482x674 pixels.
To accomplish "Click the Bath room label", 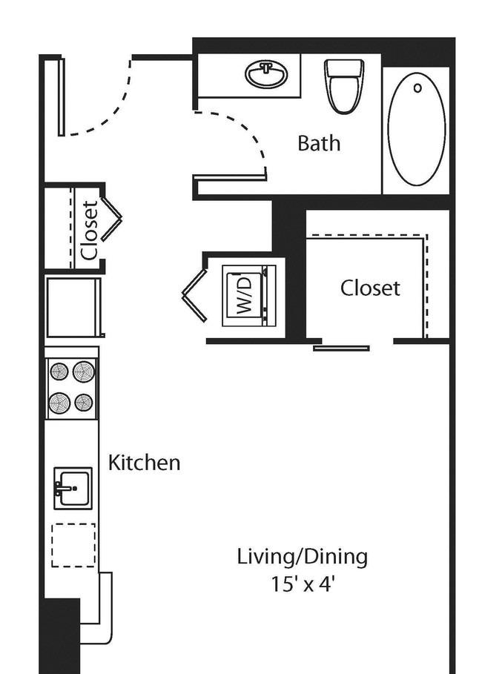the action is point(319,143).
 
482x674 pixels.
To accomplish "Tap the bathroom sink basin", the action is point(267,74).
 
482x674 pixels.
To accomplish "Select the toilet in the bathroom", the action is point(345,86).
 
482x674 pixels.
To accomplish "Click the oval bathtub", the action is point(416,129).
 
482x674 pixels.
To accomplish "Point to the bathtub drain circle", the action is point(417,88).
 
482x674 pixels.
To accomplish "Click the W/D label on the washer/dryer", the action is point(244,296).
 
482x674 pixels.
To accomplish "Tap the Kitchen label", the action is point(144,463).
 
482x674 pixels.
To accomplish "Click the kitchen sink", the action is point(73,489).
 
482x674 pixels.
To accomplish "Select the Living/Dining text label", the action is point(303,557).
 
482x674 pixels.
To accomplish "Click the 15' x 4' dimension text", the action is point(303,584).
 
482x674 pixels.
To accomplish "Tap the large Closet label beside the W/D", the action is point(370,288).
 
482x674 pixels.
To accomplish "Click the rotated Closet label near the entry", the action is point(90,231).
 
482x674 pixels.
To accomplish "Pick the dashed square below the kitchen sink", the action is point(73,545).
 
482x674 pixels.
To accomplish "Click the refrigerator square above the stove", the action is point(73,308).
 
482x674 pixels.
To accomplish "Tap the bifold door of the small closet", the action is point(111,219).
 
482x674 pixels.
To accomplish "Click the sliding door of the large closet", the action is point(341,348).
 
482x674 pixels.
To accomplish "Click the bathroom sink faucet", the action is point(267,67).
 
